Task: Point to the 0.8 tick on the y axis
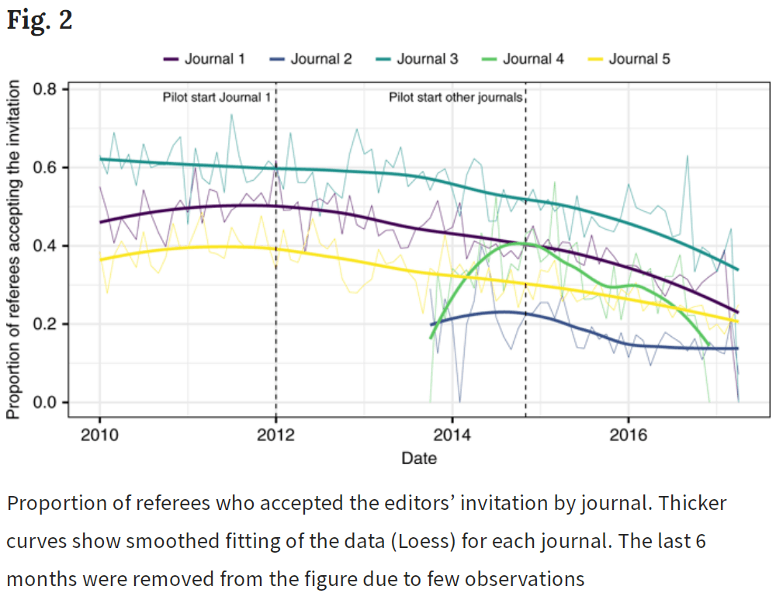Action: tap(46, 89)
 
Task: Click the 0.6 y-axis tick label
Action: tap(46, 168)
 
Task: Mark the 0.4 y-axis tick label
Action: tap(46, 246)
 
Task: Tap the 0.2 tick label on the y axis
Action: tap(46, 324)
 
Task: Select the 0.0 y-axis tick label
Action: tap(46, 402)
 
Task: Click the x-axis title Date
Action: tap(419, 459)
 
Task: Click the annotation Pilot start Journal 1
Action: tap(217, 98)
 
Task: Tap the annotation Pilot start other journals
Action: tap(456, 98)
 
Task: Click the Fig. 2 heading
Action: tap(40, 21)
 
